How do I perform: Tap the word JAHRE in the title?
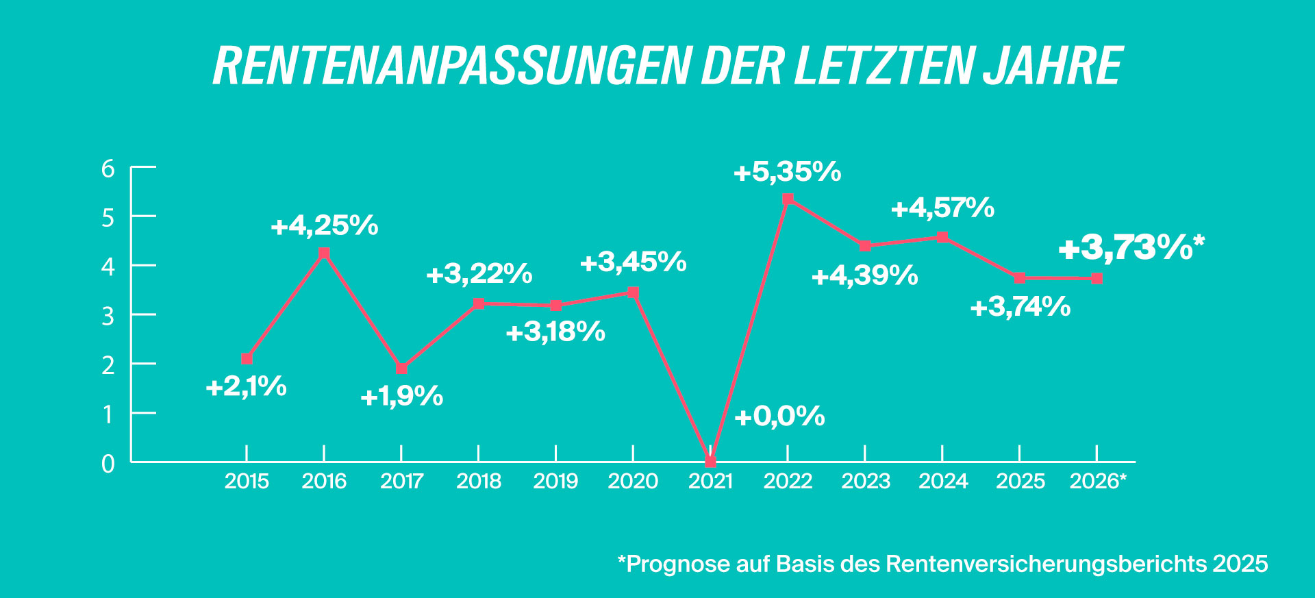[x=1053, y=66]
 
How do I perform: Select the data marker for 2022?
[x=788, y=199]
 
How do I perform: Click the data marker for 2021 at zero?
[x=710, y=462]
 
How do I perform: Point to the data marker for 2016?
[x=325, y=253]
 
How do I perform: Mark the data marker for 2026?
[x=1097, y=279]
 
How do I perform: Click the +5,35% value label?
[x=787, y=172]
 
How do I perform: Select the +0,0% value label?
[x=779, y=416]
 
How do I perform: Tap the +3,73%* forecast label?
[x=1131, y=247]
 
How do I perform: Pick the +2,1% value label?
[x=246, y=387]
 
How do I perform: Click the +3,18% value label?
[x=555, y=332]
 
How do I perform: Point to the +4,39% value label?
[x=864, y=276]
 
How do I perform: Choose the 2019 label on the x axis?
[x=555, y=482]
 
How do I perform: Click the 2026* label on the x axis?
[x=1097, y=482]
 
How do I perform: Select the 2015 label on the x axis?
[x=247, y=482]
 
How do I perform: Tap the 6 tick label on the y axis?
[x=108, y=169]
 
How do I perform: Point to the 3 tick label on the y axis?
[x=108, y=316]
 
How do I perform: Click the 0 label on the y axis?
[x=108, y=464]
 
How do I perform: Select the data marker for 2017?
[x=401, y=369]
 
